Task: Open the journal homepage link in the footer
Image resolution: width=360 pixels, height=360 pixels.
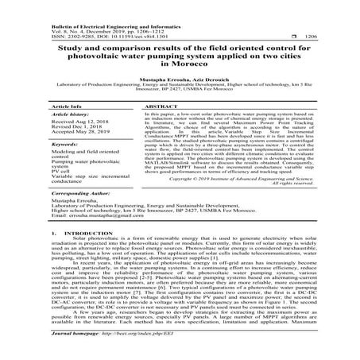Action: (139, 351)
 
